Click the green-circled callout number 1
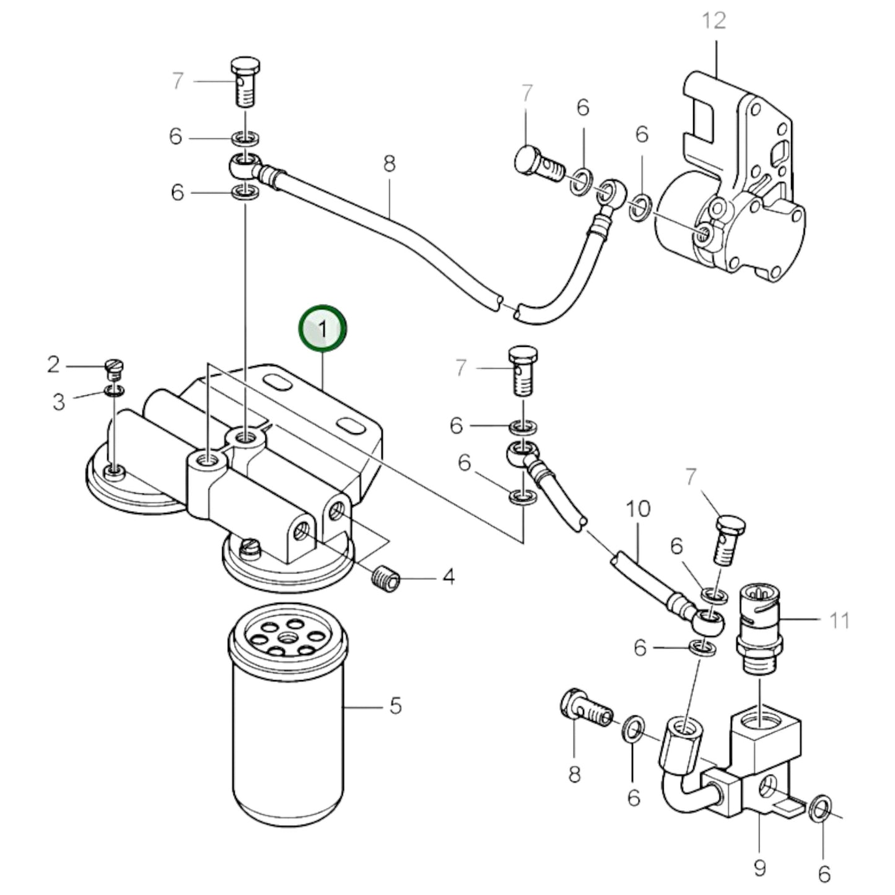(x=322, y=330)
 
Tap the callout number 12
(x=714, y=20)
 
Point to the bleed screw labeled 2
(x=113, y=369)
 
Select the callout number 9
(x=759, y=868)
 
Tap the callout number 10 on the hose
(x=637, y=509)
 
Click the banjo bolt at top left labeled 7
(x=246, y=81)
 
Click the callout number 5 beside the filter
(x=395, y=705)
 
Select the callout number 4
(x=448, y=577)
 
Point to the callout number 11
(x=839, y=620)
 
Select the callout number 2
(x=53, y=365)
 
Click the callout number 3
(x=58, y=402)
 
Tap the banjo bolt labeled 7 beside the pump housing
(x=539, y=163)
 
